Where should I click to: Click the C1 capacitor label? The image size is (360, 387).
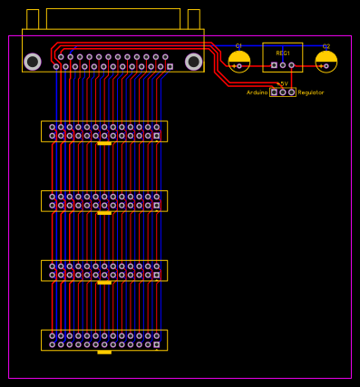[x=238, y=46]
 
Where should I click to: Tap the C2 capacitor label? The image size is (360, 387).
[x=326, y=46]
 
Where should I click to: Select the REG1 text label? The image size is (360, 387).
[x=283, y=53]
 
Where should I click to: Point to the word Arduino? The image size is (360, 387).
[x=257, y=92]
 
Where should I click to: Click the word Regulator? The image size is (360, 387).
[x=311, y=92]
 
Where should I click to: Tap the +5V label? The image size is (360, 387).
[x=282, y=83]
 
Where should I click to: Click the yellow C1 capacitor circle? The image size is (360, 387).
[x=239, y=61]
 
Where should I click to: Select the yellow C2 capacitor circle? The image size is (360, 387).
[x=326, y=61]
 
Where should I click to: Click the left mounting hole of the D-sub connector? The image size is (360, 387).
[x=33, y=62]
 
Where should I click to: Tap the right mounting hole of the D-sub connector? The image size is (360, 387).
[x=193, y=62]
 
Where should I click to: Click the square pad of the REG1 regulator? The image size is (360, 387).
[x=274, y=65]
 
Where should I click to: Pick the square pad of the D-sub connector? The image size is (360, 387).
[x=170, y=66]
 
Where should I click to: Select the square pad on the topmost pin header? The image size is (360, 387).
[x=156, y=136]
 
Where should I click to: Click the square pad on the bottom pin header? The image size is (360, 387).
[x=156, y=344]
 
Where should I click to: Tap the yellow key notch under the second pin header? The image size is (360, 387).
[x=104, y=213]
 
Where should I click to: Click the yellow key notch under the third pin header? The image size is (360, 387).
[x=104, y=283]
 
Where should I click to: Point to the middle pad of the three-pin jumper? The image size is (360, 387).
[x=283, y=92]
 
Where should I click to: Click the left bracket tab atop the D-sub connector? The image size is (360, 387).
[x=33, y=19]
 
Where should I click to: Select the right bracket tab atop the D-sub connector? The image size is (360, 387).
[x=193, y=19]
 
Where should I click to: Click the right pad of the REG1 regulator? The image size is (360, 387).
[x=291, y=65]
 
